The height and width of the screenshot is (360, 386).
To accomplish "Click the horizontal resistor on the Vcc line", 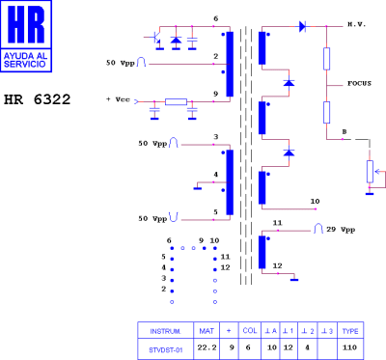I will pos(176,101).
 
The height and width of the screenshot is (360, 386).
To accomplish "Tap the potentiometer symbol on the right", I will pos(369,171).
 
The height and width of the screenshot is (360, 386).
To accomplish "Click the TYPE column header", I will pos(351,328).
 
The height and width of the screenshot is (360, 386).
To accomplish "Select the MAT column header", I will pos(206,328).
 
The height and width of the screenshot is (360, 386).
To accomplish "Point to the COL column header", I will pos(249,328).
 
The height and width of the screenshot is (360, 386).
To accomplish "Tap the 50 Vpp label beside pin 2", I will pos(123,64).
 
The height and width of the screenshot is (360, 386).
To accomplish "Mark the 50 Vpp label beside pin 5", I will pos(154,218).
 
